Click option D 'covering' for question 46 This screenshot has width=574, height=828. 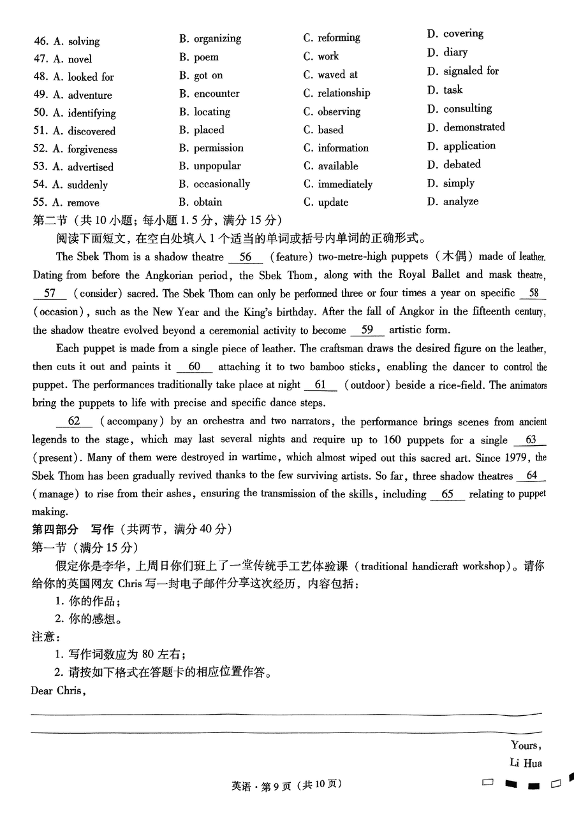(455, 34)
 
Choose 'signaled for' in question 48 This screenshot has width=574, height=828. (462, 71)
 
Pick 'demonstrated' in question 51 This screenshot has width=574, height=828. (466, 127)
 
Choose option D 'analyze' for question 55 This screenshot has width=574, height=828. (452, 201)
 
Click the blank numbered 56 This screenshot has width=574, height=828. (245, 257)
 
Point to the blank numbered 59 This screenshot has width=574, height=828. (367, 330)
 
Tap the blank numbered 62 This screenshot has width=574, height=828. (74, 422)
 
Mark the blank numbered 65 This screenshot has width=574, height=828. (447, 494)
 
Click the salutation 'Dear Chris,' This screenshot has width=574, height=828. (58, 690)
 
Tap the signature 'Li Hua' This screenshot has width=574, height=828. (526, 763)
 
